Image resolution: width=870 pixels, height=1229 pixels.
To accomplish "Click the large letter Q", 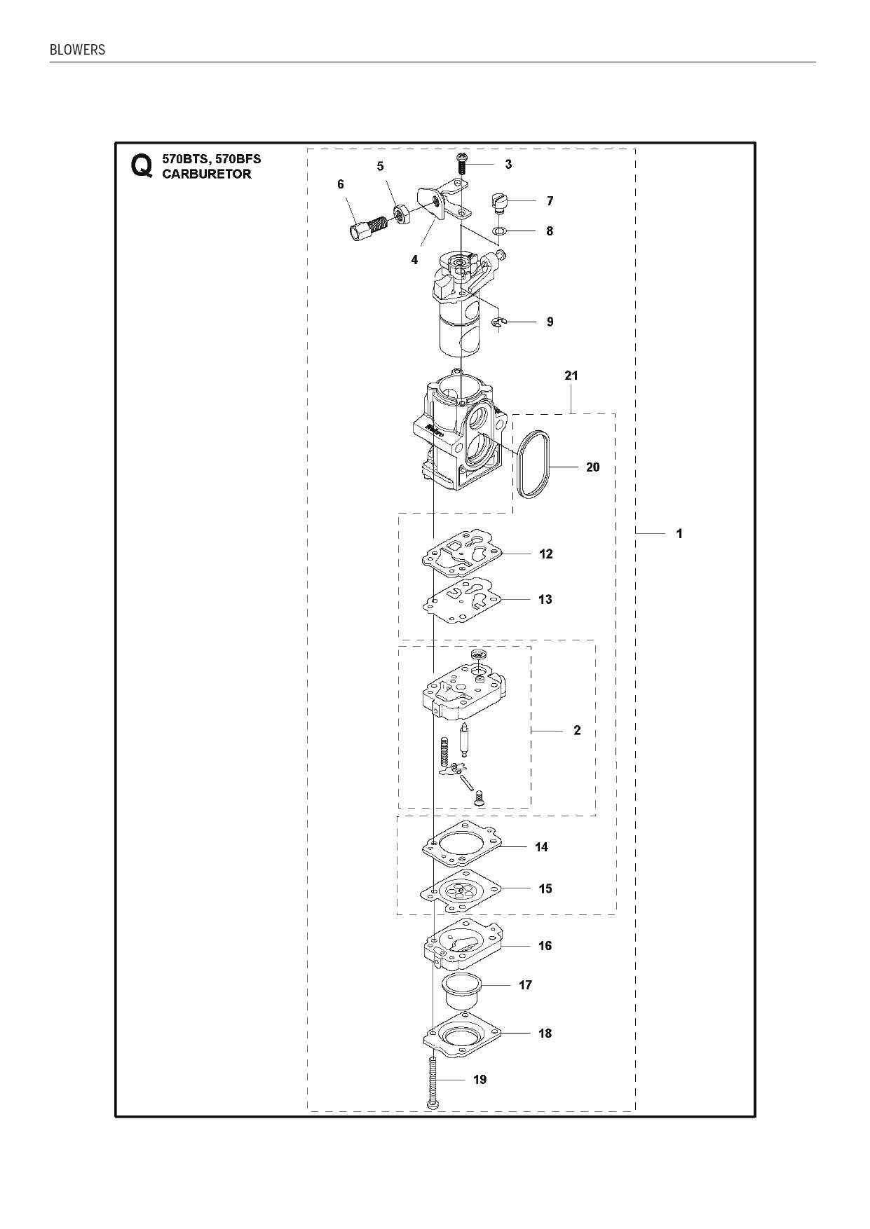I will tap(141, 166).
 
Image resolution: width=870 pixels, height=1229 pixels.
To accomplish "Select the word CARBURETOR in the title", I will tap(207, 174).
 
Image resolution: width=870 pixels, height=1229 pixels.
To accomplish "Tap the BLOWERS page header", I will tap(78, 50).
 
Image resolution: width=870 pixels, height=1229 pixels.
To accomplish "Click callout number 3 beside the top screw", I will tap(508, 165).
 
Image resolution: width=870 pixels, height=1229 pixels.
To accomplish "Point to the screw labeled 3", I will tap(462, 164).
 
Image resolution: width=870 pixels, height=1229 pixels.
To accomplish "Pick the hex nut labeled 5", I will tap(402, 212).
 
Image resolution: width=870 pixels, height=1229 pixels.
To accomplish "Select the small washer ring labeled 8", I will tap(499, 231).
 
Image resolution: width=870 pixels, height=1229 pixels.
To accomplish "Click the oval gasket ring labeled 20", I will tap(536, 466).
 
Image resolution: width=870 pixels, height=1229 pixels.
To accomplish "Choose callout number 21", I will tap(571, 376).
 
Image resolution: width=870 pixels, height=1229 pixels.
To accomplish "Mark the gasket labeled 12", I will tap(463, 553).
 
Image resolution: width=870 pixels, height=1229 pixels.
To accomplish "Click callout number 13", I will tap(545, 600).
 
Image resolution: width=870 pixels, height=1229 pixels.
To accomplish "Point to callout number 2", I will tap(577, 731).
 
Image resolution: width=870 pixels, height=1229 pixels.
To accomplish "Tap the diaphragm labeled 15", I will tap(463, 890).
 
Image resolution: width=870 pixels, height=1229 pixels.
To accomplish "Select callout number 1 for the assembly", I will tap(679, 534).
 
